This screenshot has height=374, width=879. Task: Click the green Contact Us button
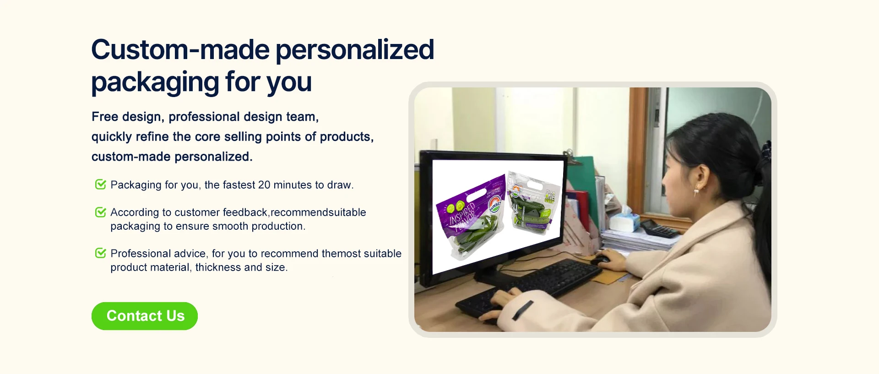pos(145,316)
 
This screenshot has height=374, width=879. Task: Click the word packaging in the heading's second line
pos(155,83)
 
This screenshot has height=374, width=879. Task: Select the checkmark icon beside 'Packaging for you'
pos(101,184)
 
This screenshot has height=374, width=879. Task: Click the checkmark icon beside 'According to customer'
pos(101,212)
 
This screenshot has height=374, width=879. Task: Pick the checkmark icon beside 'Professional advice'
pos(101,253)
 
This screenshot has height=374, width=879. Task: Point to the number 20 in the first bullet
pos(264,185)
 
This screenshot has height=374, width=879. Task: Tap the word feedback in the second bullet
pos(245,212)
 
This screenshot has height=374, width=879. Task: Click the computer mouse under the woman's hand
pos(600,260)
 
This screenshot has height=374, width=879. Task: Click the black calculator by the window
pos(660,228)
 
